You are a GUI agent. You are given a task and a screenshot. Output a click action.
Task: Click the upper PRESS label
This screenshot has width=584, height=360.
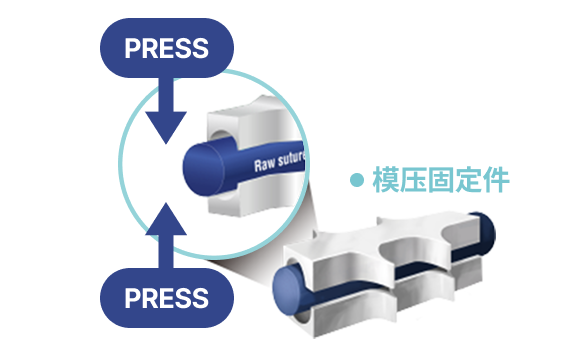(166, 48)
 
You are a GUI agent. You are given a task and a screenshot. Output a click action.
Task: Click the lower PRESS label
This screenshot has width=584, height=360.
(166, 298)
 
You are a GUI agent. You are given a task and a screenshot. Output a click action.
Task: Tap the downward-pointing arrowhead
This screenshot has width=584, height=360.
(166, 127)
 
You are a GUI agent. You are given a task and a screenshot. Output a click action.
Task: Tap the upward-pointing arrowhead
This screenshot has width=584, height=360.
(166, 219)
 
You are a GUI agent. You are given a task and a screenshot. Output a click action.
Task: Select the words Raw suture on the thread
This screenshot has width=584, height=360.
(279, 161)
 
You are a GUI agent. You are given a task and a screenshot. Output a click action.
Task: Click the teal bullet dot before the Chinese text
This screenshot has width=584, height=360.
(357, 180)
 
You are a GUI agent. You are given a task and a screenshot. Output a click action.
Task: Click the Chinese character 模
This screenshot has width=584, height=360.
(386, 180)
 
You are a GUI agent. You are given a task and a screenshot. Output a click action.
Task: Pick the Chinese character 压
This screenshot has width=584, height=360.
(413, 180)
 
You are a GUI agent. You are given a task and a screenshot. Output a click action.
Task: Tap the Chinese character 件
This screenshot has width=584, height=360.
(496, 180)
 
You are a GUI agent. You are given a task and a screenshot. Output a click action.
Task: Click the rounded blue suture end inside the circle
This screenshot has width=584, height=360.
(203, 169)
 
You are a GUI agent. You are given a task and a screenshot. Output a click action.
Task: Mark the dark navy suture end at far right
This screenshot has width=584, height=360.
(483, 233)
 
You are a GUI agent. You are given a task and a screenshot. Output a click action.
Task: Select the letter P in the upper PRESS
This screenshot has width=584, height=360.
(132, 48)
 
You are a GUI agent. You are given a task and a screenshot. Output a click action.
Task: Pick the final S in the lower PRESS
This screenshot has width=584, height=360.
(201, 298)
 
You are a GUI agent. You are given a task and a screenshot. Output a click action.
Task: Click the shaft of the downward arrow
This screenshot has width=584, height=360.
(166, 95)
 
